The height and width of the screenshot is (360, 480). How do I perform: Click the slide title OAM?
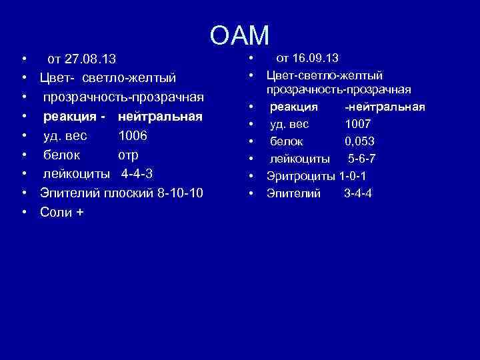pos(239,35)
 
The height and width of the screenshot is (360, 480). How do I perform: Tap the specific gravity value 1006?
pos(133,136)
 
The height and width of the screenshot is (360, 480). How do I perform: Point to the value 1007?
pos(358,123)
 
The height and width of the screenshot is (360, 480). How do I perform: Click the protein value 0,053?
pos(359,141)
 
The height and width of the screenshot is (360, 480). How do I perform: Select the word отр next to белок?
pos(129,155)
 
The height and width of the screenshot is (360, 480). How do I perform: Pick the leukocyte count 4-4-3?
pos(137,174)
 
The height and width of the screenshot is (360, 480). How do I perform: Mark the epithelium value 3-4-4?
pos(358,193)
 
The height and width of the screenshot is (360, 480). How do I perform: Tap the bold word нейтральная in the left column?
pos(160,117)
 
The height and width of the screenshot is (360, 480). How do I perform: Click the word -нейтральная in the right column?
pos(385,107)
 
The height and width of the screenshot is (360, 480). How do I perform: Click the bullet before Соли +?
pos(23,212)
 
